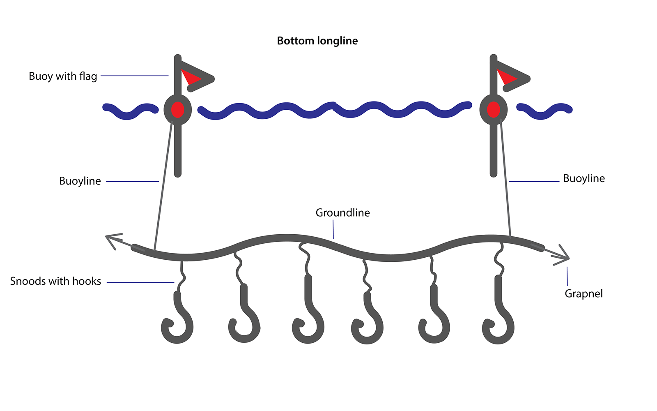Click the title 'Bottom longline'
click(x=317, y=41)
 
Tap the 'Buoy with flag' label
click(x=63, y=76)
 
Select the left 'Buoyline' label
click(x=80, y=181)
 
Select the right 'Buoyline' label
click(x=583, y=178)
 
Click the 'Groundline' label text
click(x=342, y=212)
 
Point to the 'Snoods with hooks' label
click(x=55, y=281)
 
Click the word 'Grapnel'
click(x=583, y=293)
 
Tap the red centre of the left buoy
click(x=177, y=110)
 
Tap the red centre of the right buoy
click(x=493, y=110)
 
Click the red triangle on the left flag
click(x=190, y=77)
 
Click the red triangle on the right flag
click(x=506, y=77)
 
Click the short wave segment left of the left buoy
click(x=130, y=111)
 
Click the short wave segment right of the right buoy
click(x=544, y=111)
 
